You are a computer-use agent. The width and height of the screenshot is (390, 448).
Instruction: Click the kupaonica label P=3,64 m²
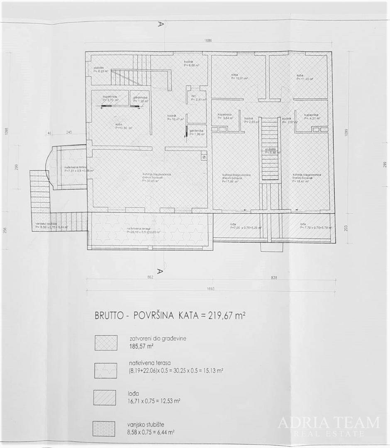point(224,117)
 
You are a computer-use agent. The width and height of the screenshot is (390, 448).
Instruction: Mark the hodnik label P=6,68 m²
point(191,63)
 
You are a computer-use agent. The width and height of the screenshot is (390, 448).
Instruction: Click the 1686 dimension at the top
point(208,41)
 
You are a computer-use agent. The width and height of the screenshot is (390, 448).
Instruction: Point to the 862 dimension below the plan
point(151,278)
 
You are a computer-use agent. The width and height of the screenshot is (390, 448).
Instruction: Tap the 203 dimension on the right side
point(346,228)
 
